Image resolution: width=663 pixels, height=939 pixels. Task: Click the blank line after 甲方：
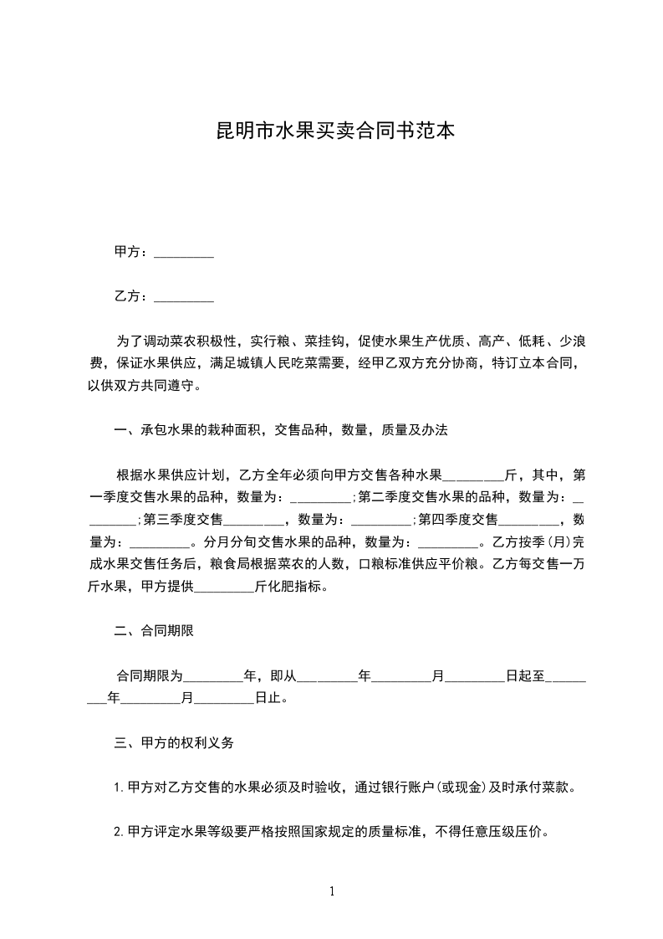[184, 252]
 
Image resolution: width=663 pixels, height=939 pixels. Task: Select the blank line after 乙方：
[184, 296]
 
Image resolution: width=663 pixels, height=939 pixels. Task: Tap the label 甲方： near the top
[132, 252]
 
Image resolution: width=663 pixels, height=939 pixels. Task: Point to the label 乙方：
[132, 296]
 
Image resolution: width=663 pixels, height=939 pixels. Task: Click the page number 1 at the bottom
[332, 890]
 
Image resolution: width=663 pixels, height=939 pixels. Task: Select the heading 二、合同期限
[154, 631]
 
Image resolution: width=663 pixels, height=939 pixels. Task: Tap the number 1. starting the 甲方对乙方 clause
[119, 787]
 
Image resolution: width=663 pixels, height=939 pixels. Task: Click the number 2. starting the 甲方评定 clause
[119, 832]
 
